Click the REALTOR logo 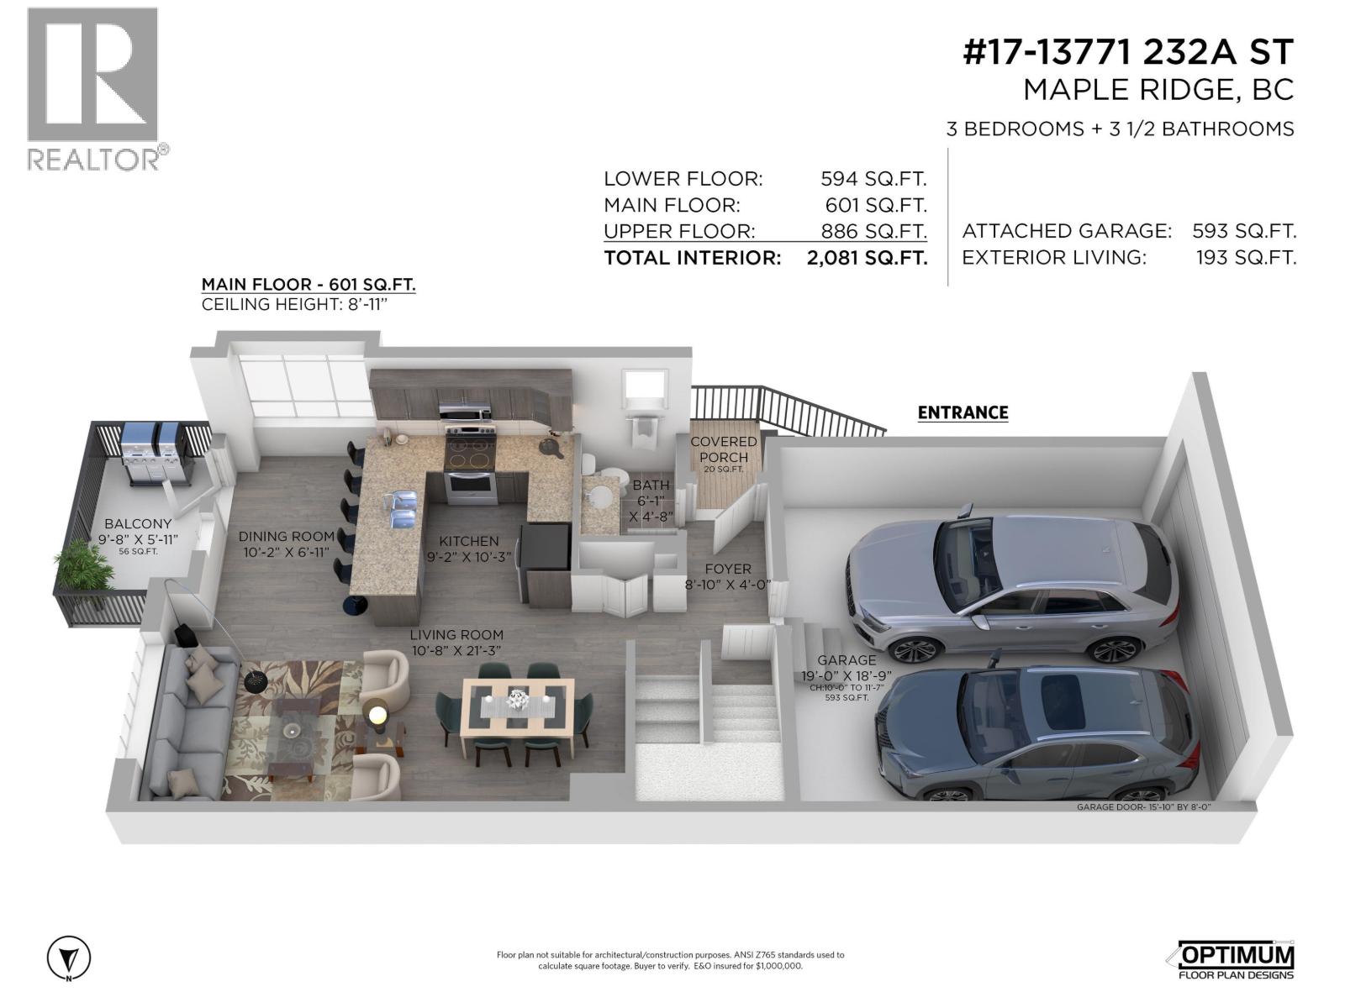pos(92,88)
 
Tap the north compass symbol pos(69,958)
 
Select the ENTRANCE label pos(963,412)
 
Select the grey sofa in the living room pos(185,722)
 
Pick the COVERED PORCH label pos(723,449)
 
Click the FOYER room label pos(728,569)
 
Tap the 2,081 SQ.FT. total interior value pos(867,258)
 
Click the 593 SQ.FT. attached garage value pos(1244,231)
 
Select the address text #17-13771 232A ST pos(1127,53)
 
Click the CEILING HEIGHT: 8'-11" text pos(294,304)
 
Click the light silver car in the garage pos(1009,580)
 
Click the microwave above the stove pos(465,412)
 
